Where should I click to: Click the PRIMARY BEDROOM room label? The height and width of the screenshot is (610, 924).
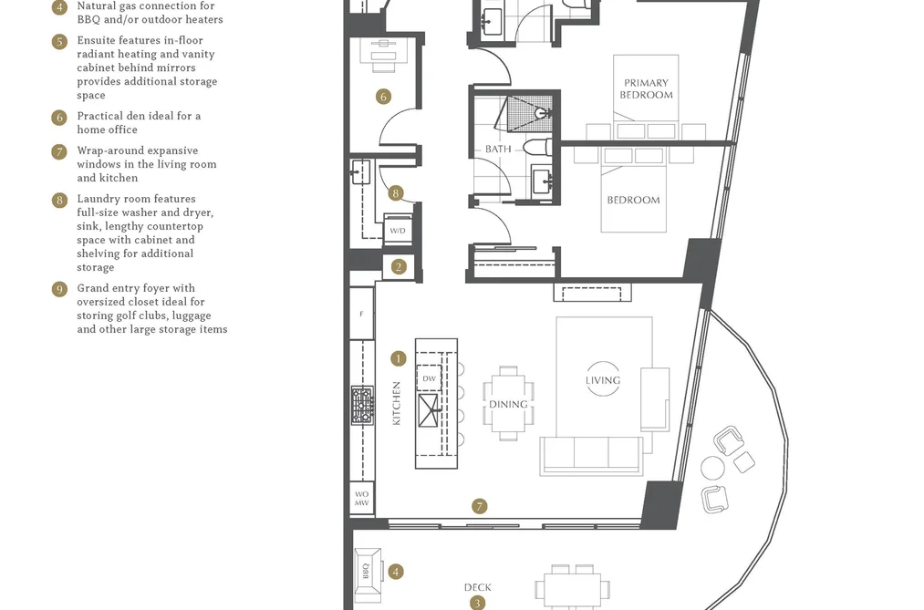646,89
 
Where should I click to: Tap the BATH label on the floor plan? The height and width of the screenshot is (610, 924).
498,149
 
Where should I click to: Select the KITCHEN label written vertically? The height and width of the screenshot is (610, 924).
397,403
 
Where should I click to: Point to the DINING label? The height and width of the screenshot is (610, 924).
508,405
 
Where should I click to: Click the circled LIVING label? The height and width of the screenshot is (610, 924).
603,380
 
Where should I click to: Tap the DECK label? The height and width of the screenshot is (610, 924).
477,587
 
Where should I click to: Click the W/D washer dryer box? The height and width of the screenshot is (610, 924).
398,230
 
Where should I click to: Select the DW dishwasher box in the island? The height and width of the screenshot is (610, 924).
429,378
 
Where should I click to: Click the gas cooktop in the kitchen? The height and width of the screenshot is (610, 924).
362,405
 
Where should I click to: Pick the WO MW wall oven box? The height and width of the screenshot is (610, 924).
362,498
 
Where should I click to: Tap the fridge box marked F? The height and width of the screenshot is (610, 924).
362,314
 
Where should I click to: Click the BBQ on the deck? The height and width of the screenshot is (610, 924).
368,571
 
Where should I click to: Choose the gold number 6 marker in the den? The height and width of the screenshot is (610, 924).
384,97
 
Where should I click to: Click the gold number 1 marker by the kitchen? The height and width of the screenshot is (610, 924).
399,358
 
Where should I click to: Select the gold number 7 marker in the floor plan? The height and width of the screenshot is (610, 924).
480,506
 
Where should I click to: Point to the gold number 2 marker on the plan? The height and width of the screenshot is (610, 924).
399,267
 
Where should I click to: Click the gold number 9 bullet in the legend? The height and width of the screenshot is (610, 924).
59,289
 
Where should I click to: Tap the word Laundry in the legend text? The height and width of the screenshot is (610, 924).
98,199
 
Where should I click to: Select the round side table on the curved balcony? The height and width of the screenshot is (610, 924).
712,468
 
